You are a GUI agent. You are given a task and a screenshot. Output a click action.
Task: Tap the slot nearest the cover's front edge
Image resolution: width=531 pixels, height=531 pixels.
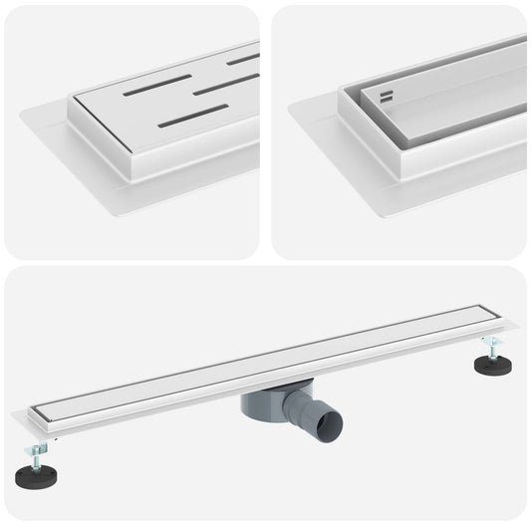click(x=193, y=117)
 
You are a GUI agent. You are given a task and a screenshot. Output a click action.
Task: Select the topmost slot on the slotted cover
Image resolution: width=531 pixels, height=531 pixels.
click(x=242, y=59)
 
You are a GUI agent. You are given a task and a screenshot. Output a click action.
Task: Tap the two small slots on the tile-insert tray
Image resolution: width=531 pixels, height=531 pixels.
click(x=387, y=97)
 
